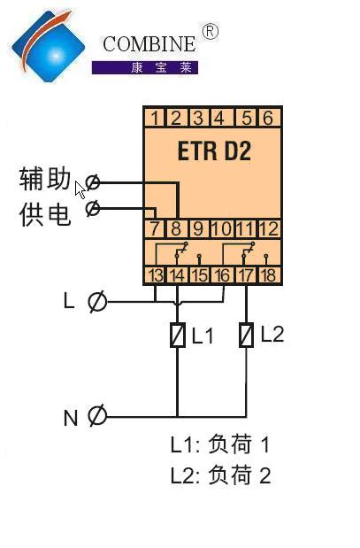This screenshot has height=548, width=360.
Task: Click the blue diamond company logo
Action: (x=48, y=46)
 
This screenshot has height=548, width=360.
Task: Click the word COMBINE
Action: (x=149, y=44)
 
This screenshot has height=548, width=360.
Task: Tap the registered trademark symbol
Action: (x=211, y=32)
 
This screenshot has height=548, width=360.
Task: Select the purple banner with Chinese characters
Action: (x=145, y=67)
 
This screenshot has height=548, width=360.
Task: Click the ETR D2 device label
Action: (x=214, y=151)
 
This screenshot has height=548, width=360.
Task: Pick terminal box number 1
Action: (x=155, y=118)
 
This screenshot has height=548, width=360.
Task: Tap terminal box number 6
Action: (x=268, y=118)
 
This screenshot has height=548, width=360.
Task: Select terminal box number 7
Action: (x=155, y=228)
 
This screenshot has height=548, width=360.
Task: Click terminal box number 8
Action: (x=176, y=228)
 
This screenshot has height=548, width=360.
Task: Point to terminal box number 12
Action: (x=269, y=228)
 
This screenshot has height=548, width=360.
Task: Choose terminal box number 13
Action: (x=156, y=275)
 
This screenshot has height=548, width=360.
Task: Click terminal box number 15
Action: (x=200, y=275)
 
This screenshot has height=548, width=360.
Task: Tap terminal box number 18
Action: (x=269, y=275)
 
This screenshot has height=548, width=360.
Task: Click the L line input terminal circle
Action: (x=96, y=301)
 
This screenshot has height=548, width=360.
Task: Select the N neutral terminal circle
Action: (x=96, y=415)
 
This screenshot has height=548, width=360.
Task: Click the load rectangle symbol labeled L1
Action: (x=178, y=336)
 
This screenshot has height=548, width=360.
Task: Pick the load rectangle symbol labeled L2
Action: (x=246, y=335)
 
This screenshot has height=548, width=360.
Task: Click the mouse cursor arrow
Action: (x=80, y=190)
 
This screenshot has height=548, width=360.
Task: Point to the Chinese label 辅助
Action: (x=45, y=179)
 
